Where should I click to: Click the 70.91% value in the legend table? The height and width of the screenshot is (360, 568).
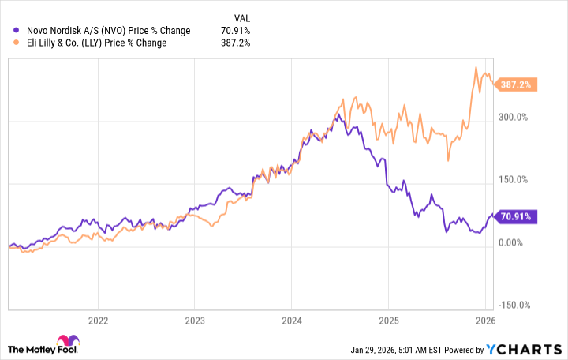[x=234, y=30]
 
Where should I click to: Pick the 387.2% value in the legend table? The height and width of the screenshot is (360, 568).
[x=236, y=43]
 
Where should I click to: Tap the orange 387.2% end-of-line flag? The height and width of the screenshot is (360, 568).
[x=516, y=84]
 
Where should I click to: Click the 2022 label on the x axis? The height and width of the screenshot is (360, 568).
[x=97, y=321]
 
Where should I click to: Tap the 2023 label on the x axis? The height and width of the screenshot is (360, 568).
[x=195, y=321]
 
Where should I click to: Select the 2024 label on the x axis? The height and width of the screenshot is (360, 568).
[x=291, y=321]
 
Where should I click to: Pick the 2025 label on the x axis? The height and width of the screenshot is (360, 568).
[x=388, y=321]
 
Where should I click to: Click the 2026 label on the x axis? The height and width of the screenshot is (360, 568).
[x=485, y=321]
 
